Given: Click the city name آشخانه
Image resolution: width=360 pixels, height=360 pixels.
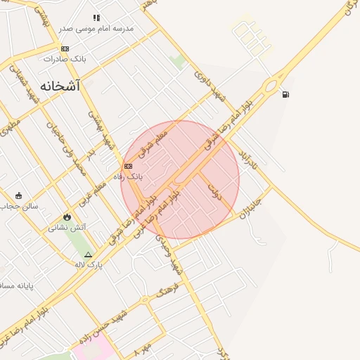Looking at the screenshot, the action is (x=60, y=86).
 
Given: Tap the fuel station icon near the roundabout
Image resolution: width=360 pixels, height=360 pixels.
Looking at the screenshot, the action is (x=284, y=94).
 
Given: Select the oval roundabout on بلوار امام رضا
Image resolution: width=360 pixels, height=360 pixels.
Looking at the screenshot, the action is (x=269, y=86).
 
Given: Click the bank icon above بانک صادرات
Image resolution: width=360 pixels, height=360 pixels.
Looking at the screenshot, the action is (x=65, y=49).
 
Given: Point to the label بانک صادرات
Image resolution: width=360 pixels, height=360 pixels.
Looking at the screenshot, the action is (x=65, y=58).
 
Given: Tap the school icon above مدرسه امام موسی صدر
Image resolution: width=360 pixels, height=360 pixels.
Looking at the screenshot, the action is (x=96, y=18).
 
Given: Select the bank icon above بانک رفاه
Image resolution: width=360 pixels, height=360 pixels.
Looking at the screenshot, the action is (x=127, y=167).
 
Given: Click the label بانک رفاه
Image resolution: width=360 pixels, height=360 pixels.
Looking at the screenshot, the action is (x=131, y=176).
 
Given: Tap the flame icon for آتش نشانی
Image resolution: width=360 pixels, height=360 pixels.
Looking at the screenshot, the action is (x=67, y=218).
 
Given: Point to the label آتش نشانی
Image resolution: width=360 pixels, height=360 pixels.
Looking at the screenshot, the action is (x=67, y=228).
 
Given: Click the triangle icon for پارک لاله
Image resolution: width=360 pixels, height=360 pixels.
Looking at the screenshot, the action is (x=88, y=255).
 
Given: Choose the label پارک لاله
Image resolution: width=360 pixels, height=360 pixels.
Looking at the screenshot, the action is (x=89, y=264).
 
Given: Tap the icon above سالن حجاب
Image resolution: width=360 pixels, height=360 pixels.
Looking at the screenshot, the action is (x=18, y=196).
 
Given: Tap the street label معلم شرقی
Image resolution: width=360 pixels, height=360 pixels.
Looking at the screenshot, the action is (x=153, y=141).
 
